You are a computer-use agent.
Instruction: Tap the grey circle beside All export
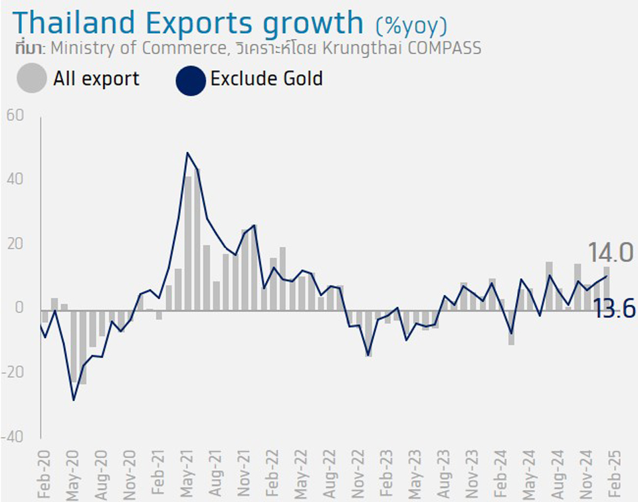click(31, 80)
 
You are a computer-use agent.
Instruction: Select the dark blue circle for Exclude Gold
click(190, 80)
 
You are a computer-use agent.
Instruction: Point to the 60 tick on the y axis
click(15, 116)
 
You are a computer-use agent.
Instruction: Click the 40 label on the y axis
click(15, 180)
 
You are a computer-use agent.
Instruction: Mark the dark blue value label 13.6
click(614, 309)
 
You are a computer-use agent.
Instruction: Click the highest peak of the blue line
click(187, 153)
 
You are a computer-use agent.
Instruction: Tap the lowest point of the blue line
click(74, 400)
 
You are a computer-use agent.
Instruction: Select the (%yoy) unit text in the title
click(411, 26)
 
